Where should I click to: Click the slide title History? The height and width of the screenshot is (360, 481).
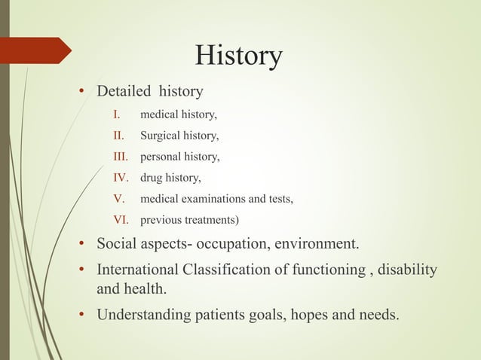[238, 55]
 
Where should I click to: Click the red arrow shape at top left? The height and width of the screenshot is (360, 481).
[35, 50]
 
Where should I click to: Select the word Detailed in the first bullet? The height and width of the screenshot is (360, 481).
[123, 92]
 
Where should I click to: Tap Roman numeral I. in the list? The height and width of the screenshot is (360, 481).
[117, 116]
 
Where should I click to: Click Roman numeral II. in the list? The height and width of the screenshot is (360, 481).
[118, 137]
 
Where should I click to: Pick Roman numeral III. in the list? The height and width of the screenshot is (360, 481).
[120, 157]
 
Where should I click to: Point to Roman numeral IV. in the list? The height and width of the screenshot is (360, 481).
[121, 178]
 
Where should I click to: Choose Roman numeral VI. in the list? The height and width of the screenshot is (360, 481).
[121, 220]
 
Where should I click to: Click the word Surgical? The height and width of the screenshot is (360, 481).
[161, 137]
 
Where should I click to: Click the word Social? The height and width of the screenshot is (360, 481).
[117, 246]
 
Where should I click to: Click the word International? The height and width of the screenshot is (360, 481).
[139, 270]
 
